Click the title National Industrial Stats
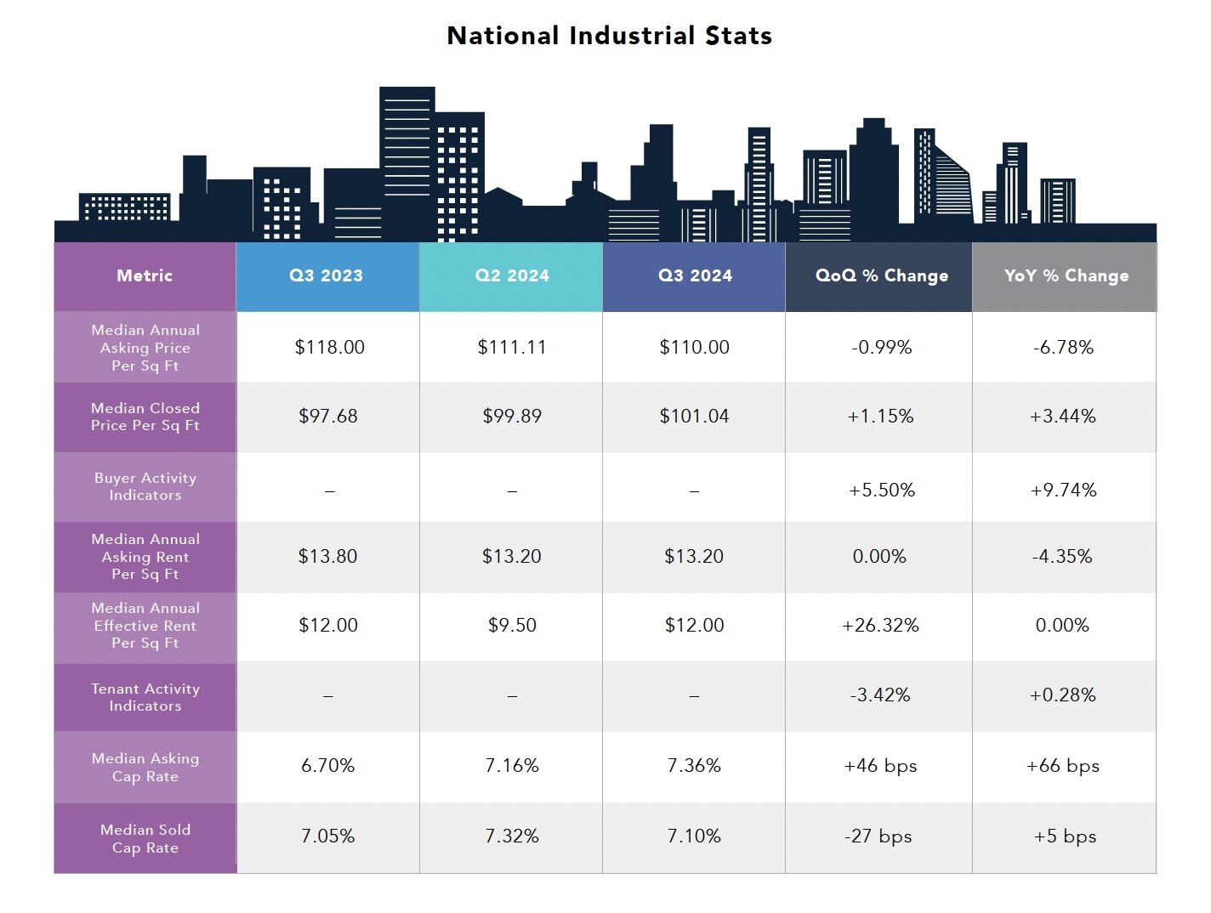609,36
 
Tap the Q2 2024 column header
512,275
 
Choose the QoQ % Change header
881,275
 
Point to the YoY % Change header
1066,275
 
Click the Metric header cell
145,275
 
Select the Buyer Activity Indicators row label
145,486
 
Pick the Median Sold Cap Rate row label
145,838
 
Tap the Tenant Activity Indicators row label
145,697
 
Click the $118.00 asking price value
329,347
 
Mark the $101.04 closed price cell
694,416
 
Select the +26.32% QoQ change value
880,625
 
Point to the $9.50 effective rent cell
512,625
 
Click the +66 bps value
1062,765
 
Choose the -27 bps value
878,836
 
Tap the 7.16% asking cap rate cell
512,765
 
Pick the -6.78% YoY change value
1063,347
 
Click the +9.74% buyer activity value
1063,490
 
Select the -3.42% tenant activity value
879,695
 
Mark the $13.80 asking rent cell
327,556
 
